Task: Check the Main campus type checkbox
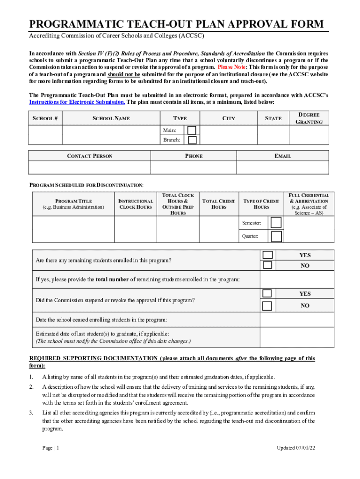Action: pyautogui.click(x=192, y=130)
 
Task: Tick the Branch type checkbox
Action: pyautogui.click(x=192, y=140)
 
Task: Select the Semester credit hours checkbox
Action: pyautogui.click(x=276, y=223)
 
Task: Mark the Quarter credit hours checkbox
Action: pyautogui.click(x=276, y=236)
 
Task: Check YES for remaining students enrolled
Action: pyautogui.click(x=267, y=255)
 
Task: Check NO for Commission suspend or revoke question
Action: pyautogui.click(x=267, y=306)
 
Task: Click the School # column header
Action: pyautogui.click(x=45, y=118)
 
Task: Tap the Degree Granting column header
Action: pyautogui.click(x=309, y=118)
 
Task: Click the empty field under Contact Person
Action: pyautogui.click(x=90, y=167)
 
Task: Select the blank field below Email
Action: pyautogui.click(x=285, y=167)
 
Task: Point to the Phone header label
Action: pyautogui.click(x=194, y=156)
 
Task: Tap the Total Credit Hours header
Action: pyautogui.click(x=219, y=204)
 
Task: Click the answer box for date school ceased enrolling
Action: pyautogui.click(x=297, y=319)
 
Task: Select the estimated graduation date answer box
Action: pyautogui.click(x=297, y=337)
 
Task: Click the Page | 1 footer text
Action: pyautogui.click(x=50, y=448)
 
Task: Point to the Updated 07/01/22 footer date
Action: pyautogui.click(x=296, y=448)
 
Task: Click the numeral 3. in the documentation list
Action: pyautogui.click(x=31, y=413)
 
